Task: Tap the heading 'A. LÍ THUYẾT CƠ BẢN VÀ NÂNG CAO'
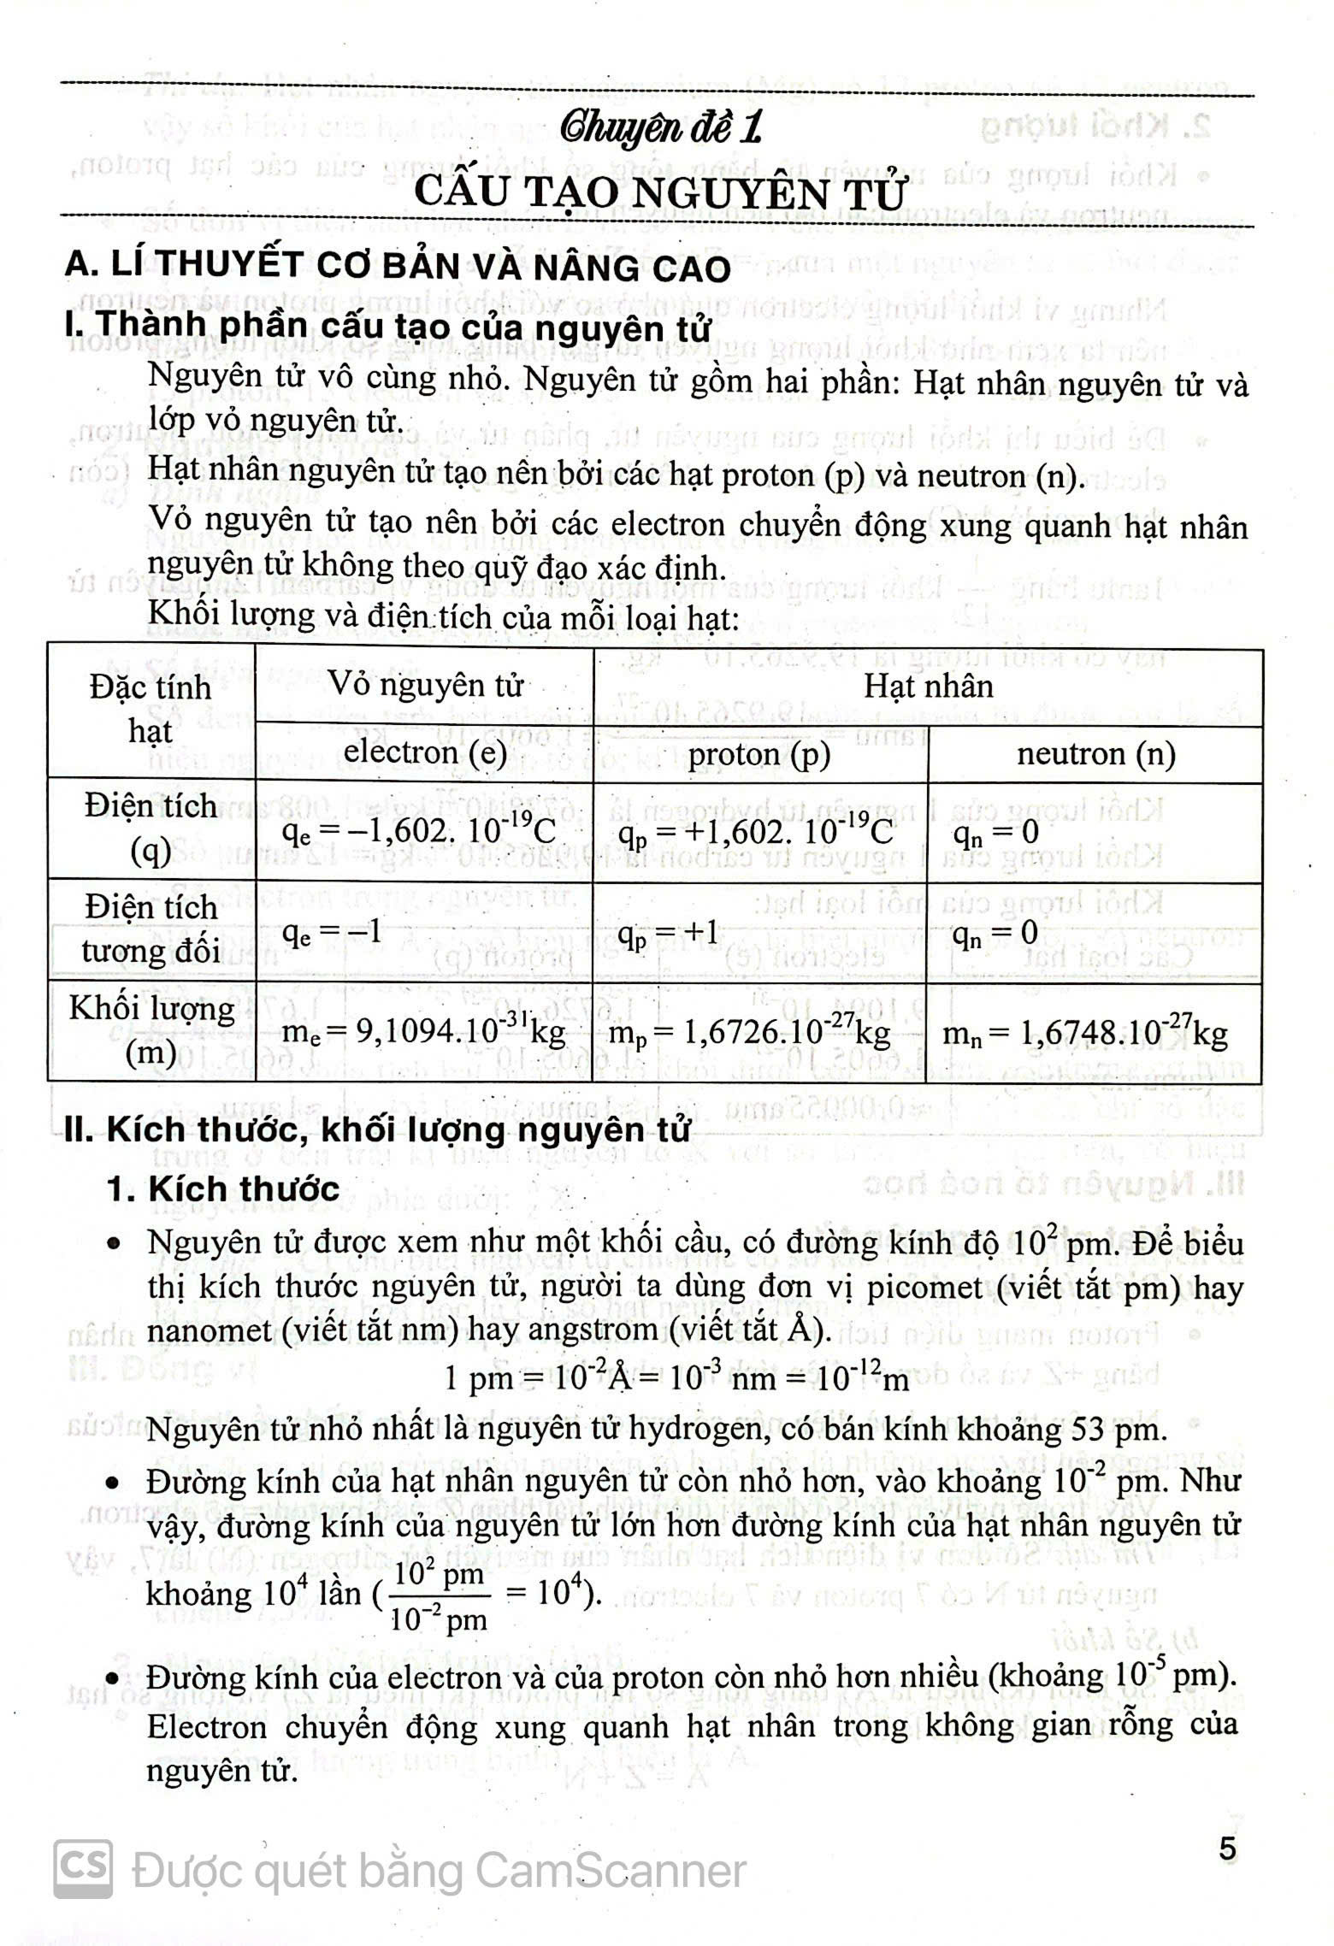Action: coord(398,267)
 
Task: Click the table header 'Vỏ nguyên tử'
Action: coord(425,685)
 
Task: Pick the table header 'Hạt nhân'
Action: coord(928,686)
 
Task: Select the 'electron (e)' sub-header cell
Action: coord(425,752)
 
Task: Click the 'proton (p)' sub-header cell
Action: coord(759,754)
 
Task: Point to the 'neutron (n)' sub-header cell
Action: coord(1095,753)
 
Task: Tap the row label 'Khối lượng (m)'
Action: coord(151,1030)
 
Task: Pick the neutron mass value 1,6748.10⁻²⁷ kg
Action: coord(1084,1034)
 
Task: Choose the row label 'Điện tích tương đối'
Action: coord(151,929)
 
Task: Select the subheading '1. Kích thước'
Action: coord(223,1189)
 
